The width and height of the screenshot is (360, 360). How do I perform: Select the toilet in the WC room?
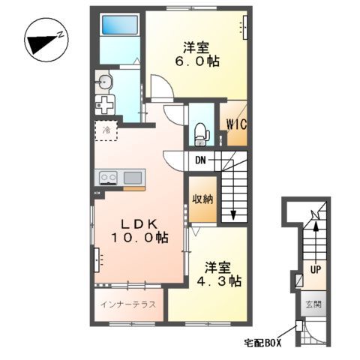pos(200,133)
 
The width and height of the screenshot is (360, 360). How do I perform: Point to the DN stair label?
pos(201,160)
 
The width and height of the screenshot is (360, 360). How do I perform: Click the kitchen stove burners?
pos(108,178)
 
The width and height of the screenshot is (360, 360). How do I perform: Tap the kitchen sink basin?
pos(133,178)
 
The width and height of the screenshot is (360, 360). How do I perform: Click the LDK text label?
pos(137,223)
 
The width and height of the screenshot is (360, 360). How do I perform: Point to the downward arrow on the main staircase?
pos(234,213)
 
